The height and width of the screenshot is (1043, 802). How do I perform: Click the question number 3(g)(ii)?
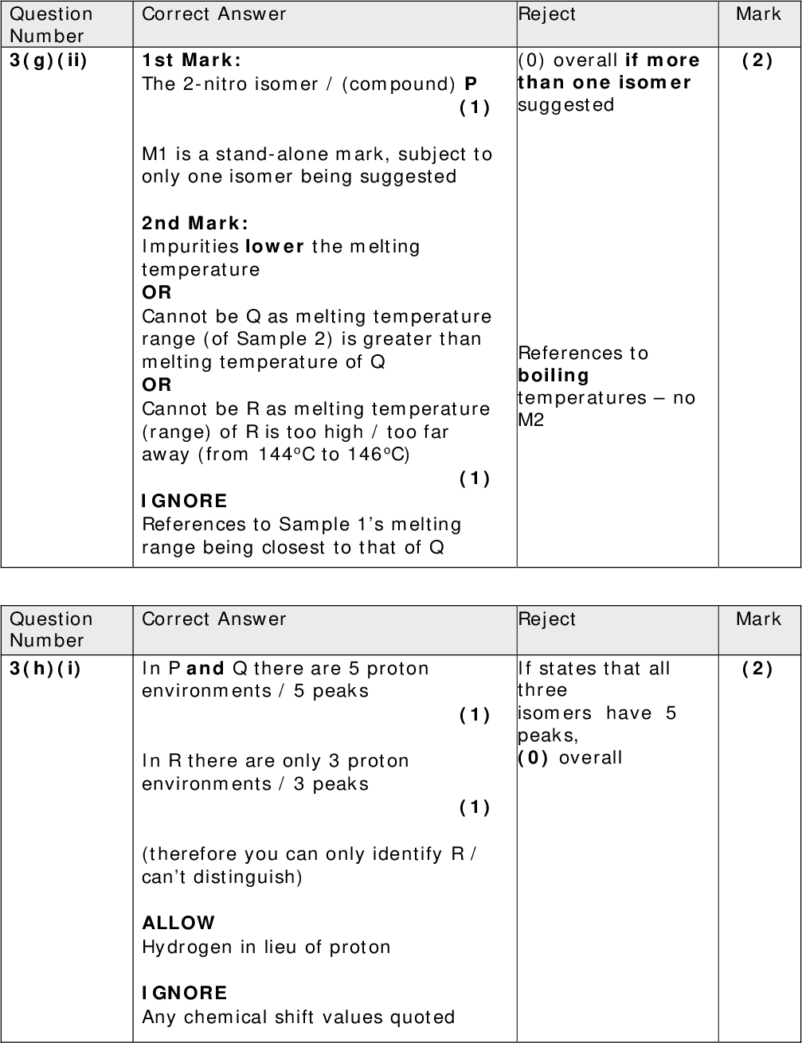coord(48,61)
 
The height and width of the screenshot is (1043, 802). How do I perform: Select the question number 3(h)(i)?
coord(45,668)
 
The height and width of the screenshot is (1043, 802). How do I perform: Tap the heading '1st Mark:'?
coord(191,61)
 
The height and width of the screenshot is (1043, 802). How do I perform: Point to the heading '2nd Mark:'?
coord(195,223)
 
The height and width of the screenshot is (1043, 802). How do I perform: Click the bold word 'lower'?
coord(275,246)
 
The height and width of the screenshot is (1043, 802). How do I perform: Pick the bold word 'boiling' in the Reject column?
coord(554,375)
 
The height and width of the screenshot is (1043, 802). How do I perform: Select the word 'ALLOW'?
coord(178,923)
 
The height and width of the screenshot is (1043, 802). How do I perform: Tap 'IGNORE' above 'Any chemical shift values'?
coord(185,993)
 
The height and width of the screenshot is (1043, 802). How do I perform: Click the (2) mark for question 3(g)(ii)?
coord(757,61)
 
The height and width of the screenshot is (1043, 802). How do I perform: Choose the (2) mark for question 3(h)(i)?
coord(757,668)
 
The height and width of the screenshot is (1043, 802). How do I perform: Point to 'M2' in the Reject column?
coord(531,420)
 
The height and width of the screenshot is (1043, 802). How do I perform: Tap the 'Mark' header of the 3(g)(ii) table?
coord(758,14)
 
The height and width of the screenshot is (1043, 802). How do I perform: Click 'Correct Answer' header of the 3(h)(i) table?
coord(213,619)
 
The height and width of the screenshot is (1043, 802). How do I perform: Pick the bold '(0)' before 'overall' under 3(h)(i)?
coord(534,757)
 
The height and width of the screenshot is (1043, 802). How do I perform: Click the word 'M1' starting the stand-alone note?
coord(154,154)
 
